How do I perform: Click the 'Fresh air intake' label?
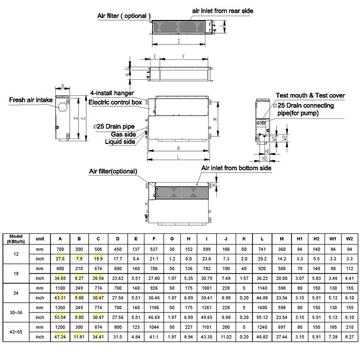31,100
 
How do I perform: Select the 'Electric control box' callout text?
115,102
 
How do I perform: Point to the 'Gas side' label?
123,134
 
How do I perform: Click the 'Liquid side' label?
120,142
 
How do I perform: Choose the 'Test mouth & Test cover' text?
310,95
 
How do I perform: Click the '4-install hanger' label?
112,93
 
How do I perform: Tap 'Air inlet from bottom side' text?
236,168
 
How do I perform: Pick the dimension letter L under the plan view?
178,157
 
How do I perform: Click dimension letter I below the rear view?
179,41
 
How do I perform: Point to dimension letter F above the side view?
184,56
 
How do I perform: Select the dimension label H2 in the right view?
265,159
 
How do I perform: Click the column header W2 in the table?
349,238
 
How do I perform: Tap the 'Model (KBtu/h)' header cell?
16,239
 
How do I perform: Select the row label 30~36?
16,313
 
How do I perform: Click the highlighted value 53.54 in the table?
60,317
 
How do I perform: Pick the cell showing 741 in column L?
262,249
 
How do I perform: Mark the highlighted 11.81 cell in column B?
79,337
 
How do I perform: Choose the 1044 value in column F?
154,327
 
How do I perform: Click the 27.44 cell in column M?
282,337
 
